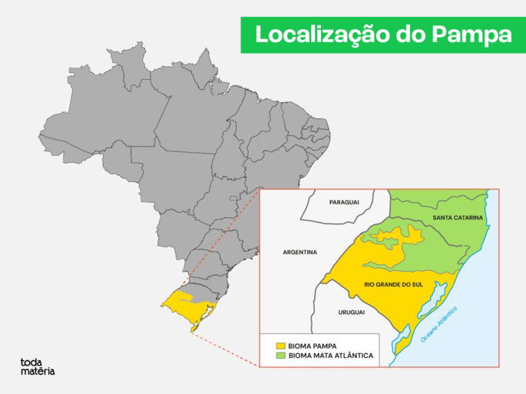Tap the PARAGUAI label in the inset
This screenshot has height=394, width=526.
(344, 202)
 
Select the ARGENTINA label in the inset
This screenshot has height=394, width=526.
(299, 252)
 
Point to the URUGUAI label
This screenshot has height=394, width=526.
(349, 312)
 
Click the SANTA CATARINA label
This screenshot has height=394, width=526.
(458, 218)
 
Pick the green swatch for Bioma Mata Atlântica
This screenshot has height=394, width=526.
(281, 356)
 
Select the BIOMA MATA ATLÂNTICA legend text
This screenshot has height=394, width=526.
(331, 356)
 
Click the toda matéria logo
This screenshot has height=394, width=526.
(37, 366)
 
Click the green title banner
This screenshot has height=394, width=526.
(382, 35)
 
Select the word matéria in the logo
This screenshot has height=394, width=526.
(38, 372)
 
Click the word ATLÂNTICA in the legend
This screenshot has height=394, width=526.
(351, 356)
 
